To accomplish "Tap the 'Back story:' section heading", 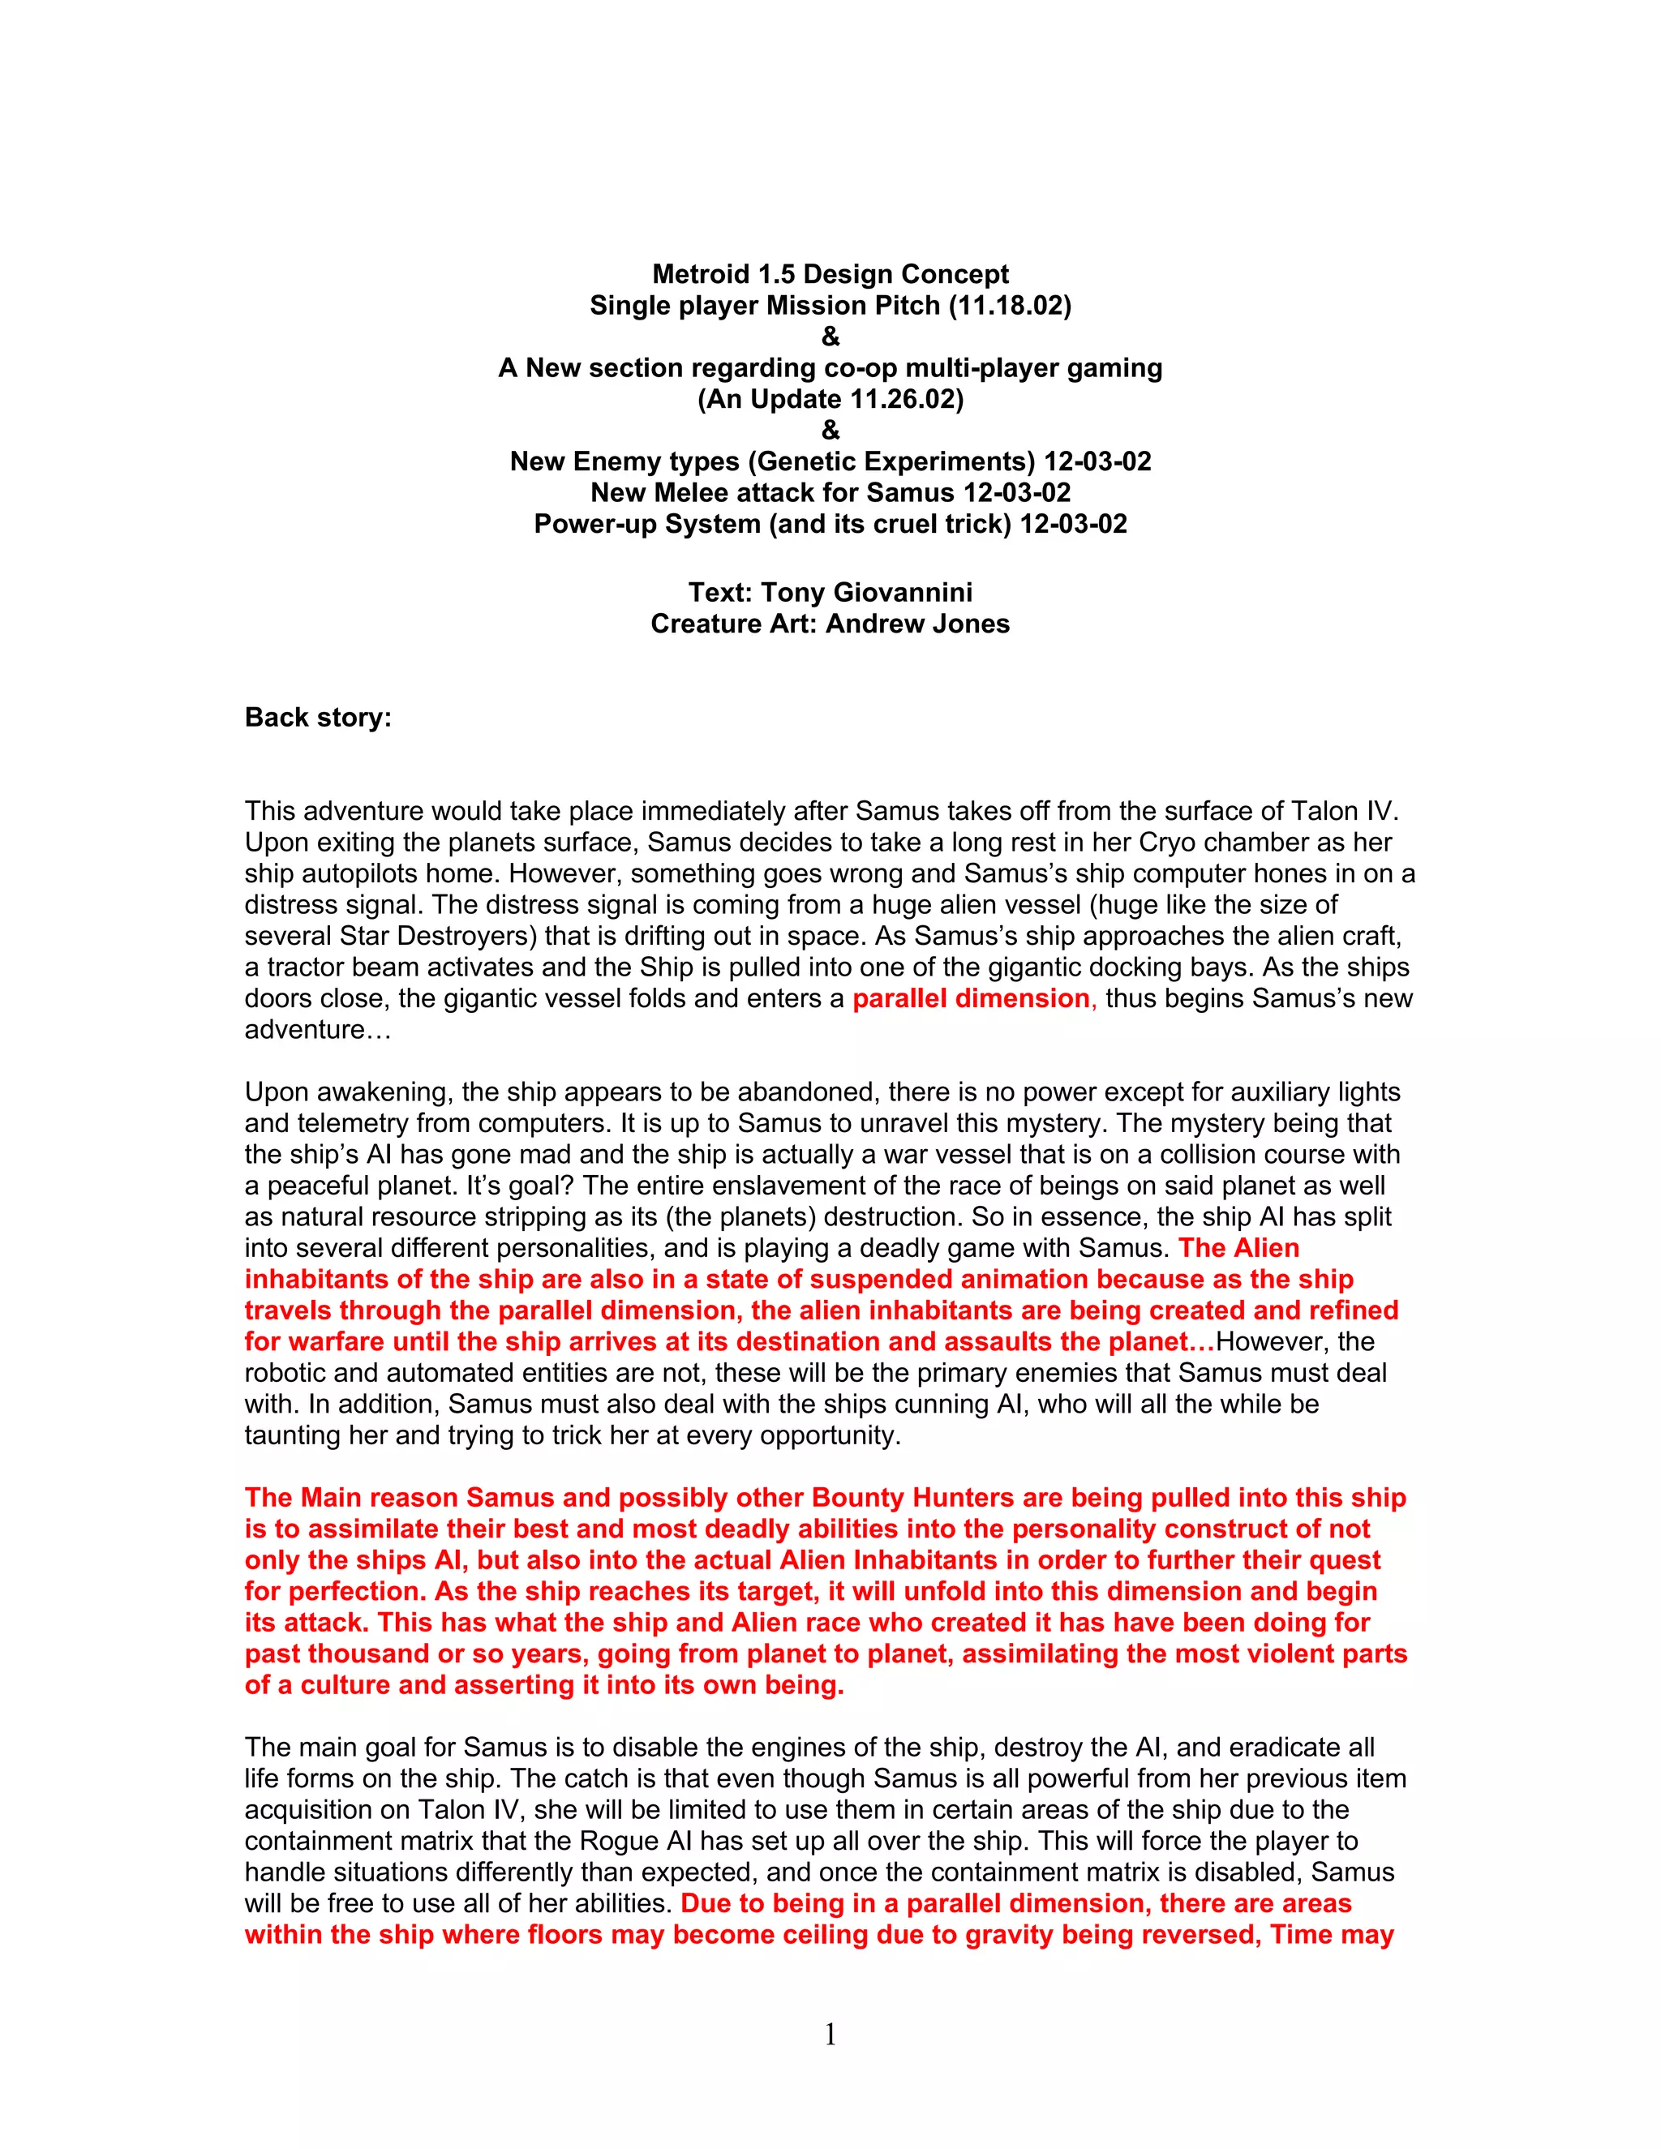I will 318,718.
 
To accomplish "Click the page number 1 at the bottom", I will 830,2033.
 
